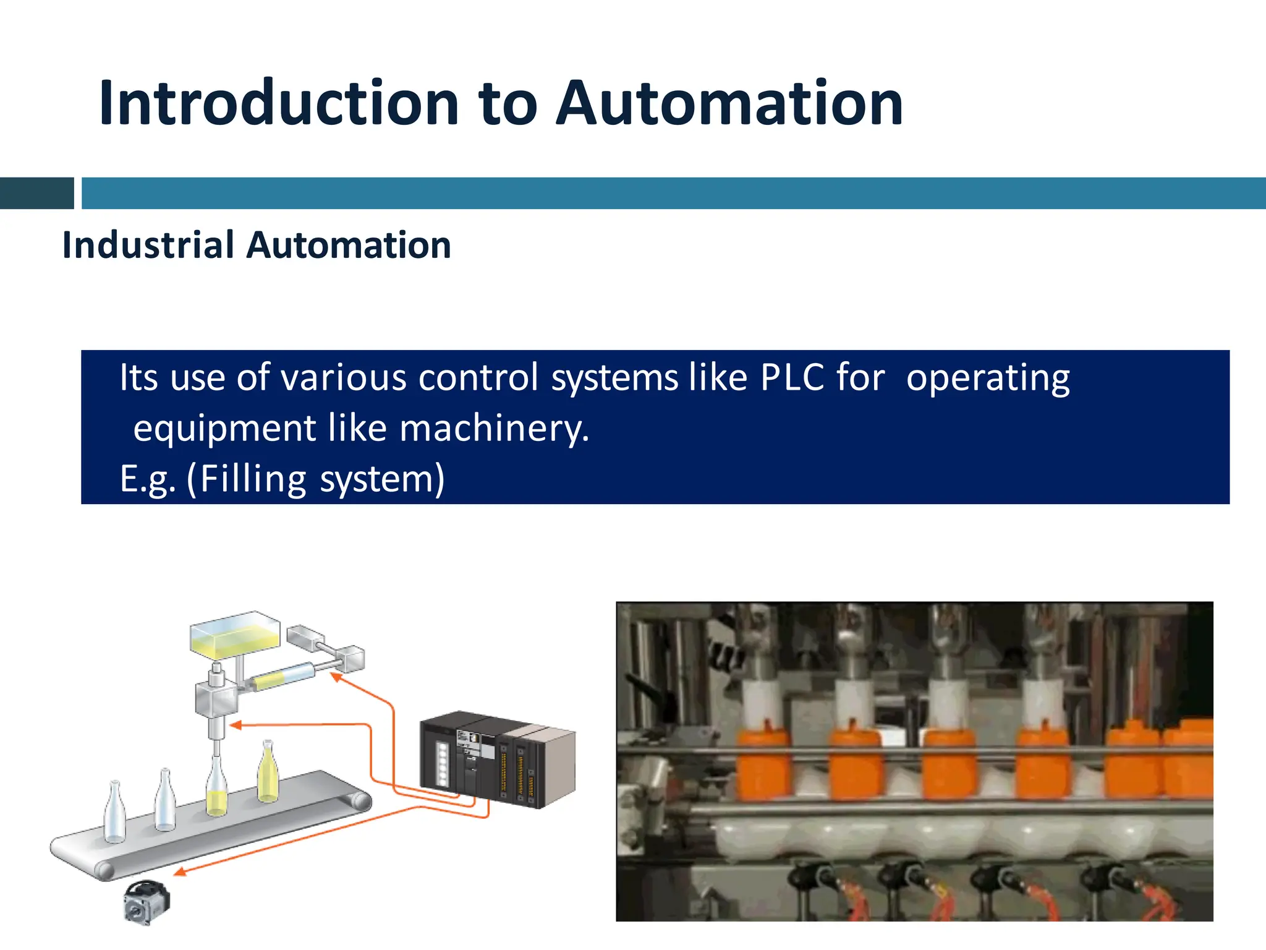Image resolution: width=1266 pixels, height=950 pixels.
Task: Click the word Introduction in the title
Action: point(278,103)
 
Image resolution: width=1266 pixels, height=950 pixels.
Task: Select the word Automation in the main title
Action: point(729,103)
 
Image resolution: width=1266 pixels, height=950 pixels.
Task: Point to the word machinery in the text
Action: point(494,429)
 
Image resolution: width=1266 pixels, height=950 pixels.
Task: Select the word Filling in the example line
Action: point(253,479)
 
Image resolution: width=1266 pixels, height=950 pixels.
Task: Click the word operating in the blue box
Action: point(987,379)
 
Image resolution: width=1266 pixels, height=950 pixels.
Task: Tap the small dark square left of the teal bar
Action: point(36,193)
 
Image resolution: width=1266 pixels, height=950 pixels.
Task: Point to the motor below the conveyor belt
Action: point(147,902)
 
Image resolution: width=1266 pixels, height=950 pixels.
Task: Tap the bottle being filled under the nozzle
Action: point(216,789)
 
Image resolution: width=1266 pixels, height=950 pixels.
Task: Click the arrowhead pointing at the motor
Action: point(179,872)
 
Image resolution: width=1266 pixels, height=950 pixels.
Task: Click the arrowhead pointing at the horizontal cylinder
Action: point(336,677)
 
